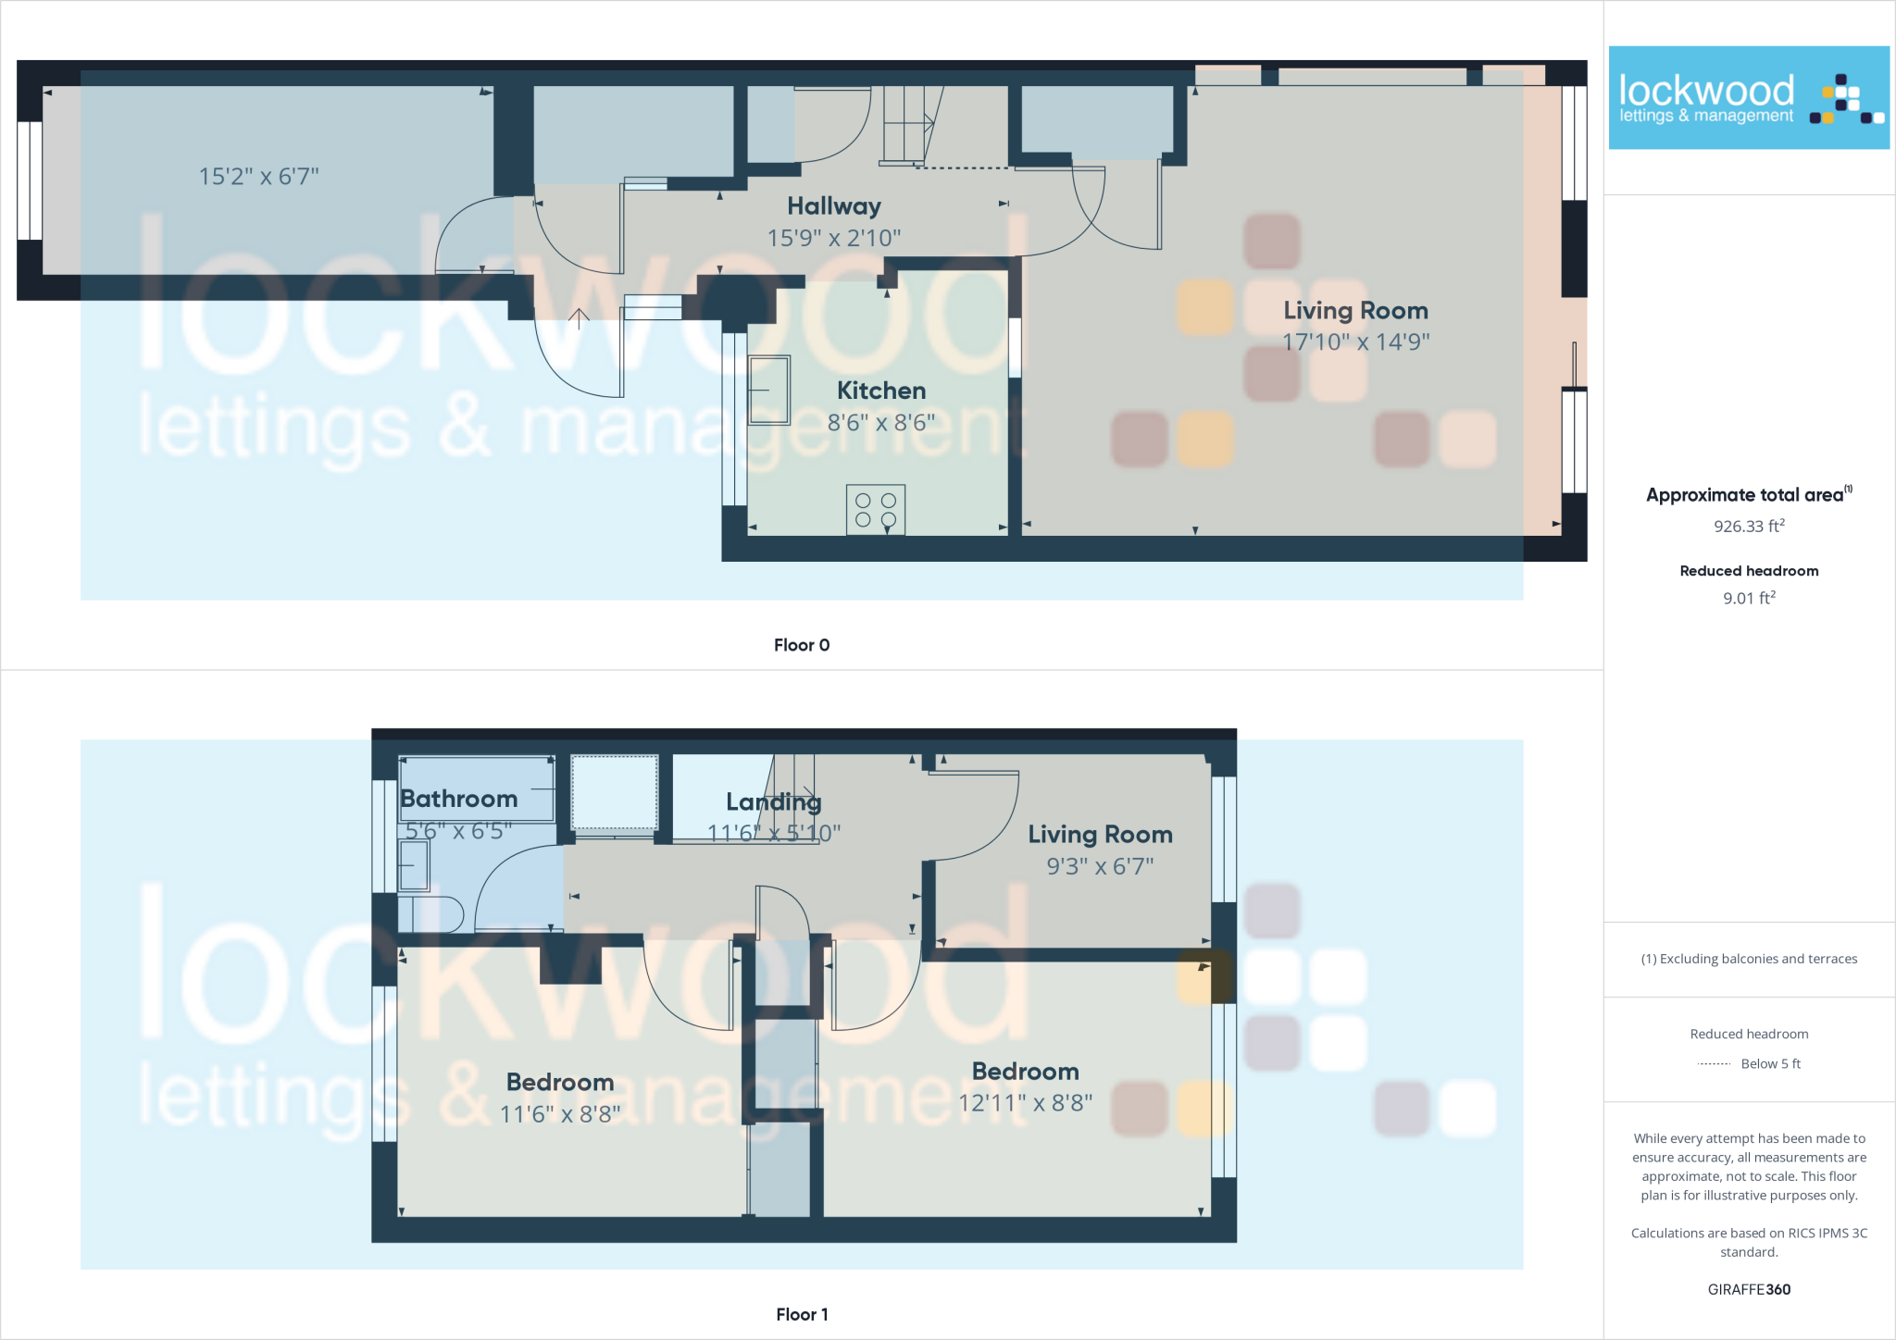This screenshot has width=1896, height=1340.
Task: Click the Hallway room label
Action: point(834,206)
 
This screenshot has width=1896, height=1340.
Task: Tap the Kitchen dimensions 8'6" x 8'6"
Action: point(881,423)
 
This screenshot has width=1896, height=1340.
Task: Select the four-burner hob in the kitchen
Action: point(876,510)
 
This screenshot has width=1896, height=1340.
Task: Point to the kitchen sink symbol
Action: point(769,391)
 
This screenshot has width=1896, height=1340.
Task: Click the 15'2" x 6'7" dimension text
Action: point(259,177)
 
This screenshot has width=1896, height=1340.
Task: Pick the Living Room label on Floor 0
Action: point(1355,311)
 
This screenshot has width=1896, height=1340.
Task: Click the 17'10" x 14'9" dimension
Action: point(1355,342)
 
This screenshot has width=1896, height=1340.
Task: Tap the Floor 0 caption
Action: point(802,645)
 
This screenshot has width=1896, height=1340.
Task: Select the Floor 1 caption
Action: point(802,1314)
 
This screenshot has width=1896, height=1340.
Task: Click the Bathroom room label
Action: point(459,799)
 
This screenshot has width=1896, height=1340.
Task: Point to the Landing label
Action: point(774,802)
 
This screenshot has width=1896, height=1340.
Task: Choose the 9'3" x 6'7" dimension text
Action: point(1100,866)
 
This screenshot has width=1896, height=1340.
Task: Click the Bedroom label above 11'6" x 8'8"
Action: point(560,1082)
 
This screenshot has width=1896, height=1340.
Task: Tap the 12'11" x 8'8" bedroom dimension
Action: point(1025,1103)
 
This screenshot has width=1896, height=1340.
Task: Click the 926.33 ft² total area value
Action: point(1749,526)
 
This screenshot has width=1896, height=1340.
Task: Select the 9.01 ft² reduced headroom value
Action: point(1749,598)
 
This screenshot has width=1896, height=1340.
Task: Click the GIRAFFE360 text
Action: point(1749,1289)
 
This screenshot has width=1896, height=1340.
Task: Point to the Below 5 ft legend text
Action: point(1770,1063)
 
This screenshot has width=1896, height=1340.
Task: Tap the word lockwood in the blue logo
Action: point(1706,91)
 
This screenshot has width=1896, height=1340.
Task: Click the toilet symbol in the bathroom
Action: point(431,913)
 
